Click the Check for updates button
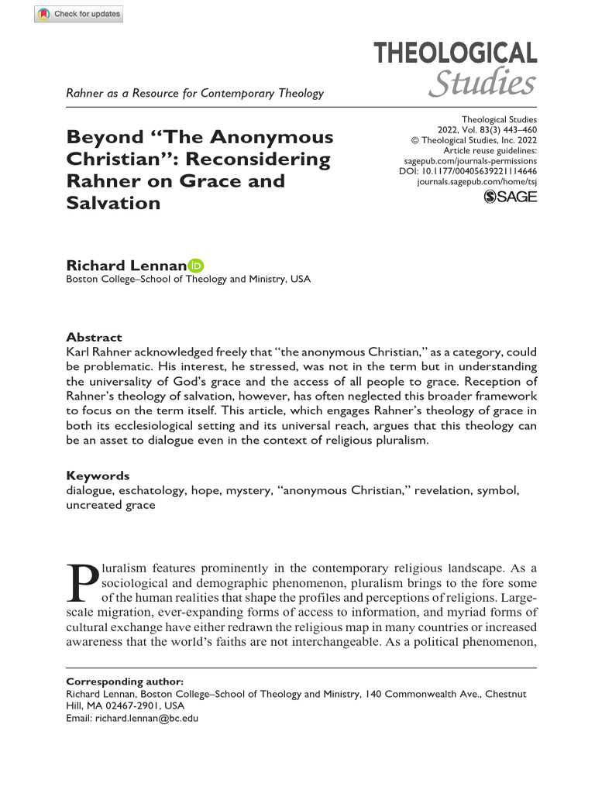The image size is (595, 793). pos(78,14)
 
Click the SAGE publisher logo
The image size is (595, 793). pos(510,197)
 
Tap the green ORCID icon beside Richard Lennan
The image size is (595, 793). pos(196,266)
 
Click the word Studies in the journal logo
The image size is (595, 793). pos(482,83)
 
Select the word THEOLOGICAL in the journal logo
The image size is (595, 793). pos(456,53)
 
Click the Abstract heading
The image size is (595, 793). pos(94,337)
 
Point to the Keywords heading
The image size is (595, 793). pos(98,475)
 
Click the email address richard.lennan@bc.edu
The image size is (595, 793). pos(146,719)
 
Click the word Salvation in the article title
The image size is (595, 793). pos(113,203)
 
